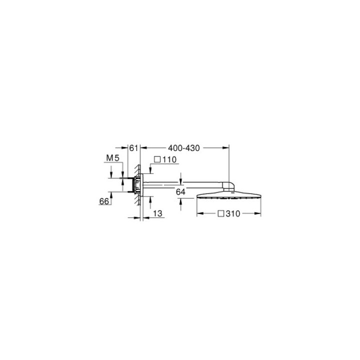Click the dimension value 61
click(133, 148)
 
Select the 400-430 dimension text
click(183, 148)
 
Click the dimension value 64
click(181, 191)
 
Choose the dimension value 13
click(158, 213)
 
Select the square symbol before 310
click(220, 213)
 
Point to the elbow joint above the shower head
click(227, 186)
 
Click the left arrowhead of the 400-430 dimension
click(143, 148)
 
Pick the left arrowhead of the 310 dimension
click(197, 213)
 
